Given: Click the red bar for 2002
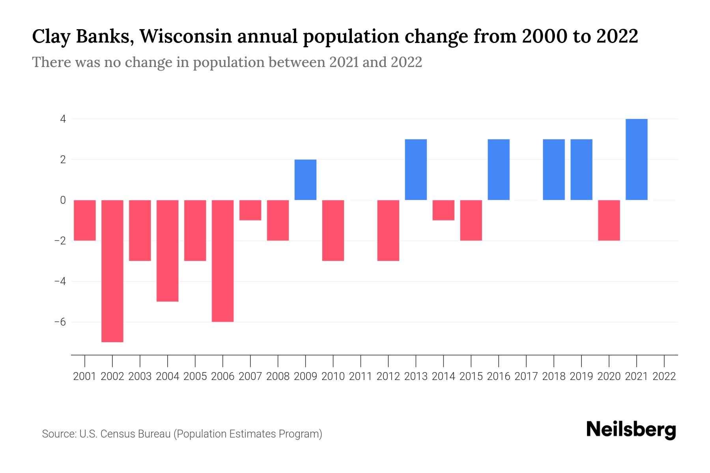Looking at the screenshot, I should coord(112,271).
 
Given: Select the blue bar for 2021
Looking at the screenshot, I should coord(637,159).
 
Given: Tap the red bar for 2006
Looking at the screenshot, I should coord(223,261).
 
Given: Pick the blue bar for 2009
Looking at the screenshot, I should coord(306,180).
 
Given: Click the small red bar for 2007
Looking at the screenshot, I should coord(250,210).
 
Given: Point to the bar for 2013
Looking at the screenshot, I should coord(416,169).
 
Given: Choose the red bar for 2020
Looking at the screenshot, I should coord(609,220).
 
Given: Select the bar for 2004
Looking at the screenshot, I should coord(168,251).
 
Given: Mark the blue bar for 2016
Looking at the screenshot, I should coord(499,169).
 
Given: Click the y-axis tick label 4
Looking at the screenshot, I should coord(63,119).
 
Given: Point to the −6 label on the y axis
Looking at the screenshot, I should coord(60,322).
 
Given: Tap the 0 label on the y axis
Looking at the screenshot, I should coord(63,200).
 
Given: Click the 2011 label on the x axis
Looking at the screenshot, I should coord(361,376).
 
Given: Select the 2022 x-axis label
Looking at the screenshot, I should coord(664,376).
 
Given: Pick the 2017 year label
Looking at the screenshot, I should coord(526,376).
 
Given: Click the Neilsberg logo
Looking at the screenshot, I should coord(631,430).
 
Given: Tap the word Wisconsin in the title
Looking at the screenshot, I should coord(185,37).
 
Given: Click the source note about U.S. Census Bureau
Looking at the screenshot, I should coord(182,434).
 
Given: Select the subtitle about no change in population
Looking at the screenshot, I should coord(227,62).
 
